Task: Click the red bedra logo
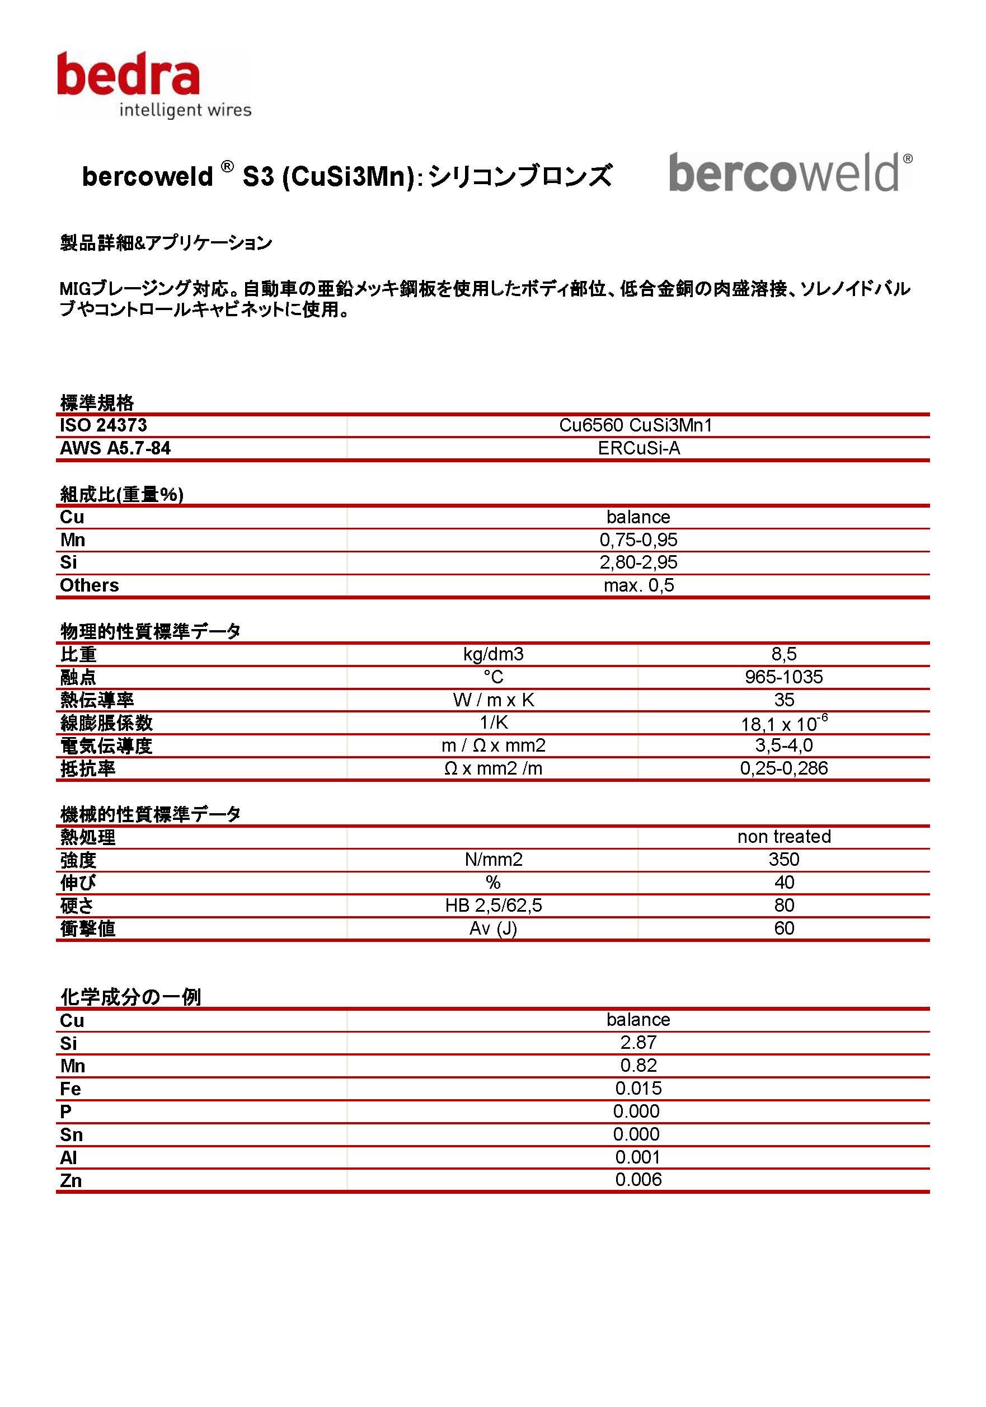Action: pyautogui.click(x=129, y=76)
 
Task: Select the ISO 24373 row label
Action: pyautogui.click(x=103, y=425)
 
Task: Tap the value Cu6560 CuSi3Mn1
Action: pyautogui.click(x=636, y=425)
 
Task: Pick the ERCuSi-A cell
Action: pyautogui.click(x=638, y=448)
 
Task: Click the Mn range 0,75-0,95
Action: pyautogui.click(x=638, y=540)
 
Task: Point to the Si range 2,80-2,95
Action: pyautogui.click(x=638, y=562)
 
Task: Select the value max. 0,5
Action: pyautogui.click(x=638, y=585)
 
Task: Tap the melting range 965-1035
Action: pyautogui.click(x=783, y=677)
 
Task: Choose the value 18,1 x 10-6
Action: pyautogui.click(x=783, y=723)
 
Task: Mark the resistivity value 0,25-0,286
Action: pyautogui.click(x=783, y=768)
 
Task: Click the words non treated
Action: pyautogui.click(x=783, y=837)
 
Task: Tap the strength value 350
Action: pyautogui.click(x=783, y=859)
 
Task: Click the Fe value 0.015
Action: pyautogui.click(x=638, y=1088)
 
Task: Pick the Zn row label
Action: pyautogui.click(x=71, y=1180)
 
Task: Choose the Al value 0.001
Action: pyautogui.click(x=638, y=1157)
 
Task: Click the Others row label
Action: pyautogui.click(x=90, y=585)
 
